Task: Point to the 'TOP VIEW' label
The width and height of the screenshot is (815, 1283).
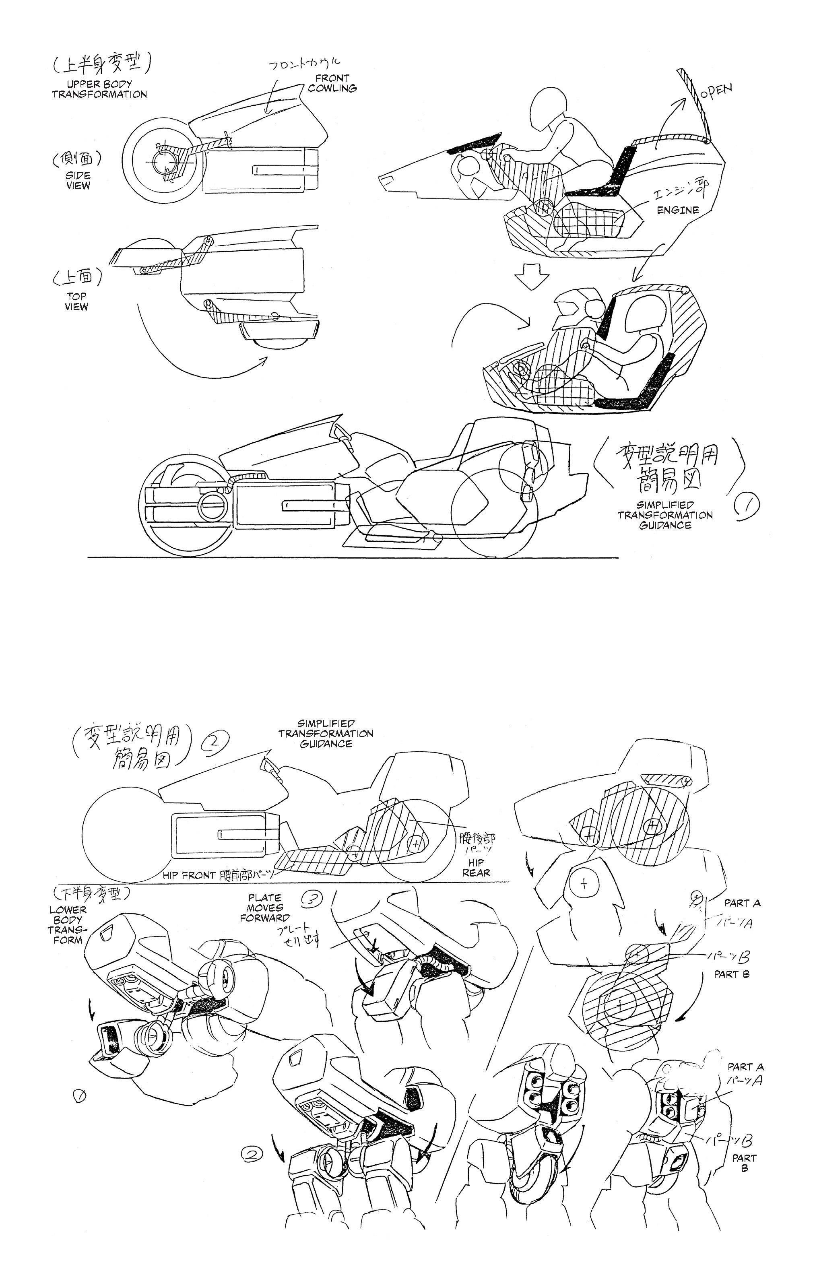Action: pyautogui.click(x=76, y=301)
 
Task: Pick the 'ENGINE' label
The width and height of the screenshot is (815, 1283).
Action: pyautogui.click(x=678, y=210)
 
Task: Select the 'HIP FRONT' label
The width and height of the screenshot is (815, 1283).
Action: pyautogui.click(x=190, y=875)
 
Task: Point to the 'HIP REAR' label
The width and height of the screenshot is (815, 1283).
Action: pyautogui.click(x=476, y=867)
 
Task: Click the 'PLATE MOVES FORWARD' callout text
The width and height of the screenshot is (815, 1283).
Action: pyautogui.click(x=265, y=908)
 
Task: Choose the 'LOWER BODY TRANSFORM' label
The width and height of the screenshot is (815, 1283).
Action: pyautogui.click(x=68, y=924)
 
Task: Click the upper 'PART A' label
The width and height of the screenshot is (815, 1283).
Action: pyautogui.click(x=742, y=903)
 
